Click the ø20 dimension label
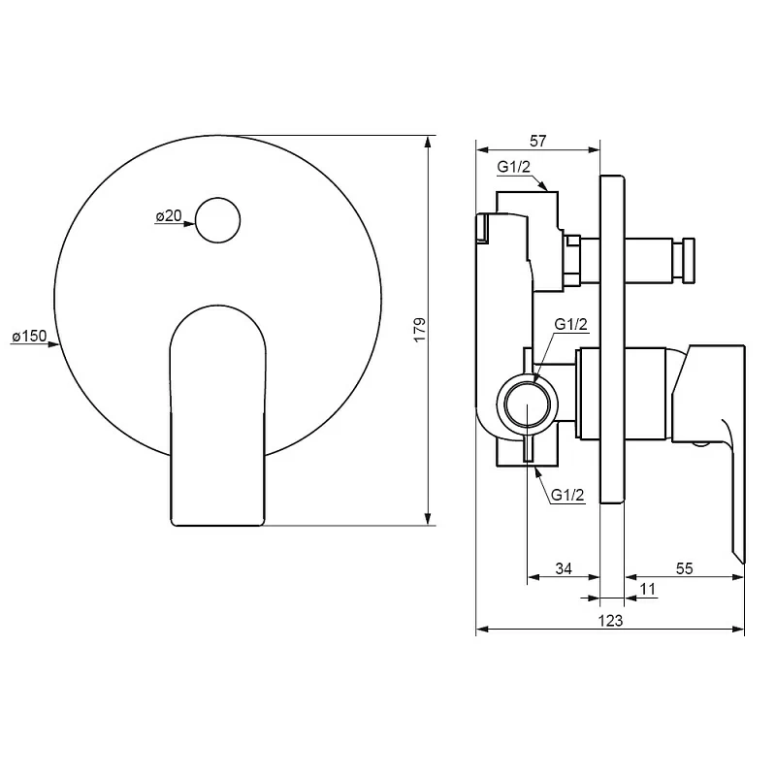pyautogui.click(x=169, y=215)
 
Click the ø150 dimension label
pyautogui.click(x=29, y=336)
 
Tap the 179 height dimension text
pyautogui.click(x=420, y=330)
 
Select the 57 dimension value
pyautogui.click(x=537, y=141)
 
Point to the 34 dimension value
pyautogui.click(x=564, y=568)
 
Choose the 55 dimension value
pyautogui.click(x=684, y=568)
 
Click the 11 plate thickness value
pyautogui.click(x=647, y=589)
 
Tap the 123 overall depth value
pyautogui.click(x=610, y=621)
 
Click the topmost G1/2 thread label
pyautogui.click(x=514, y=167)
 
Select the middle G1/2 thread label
pyautogui.click(x=570, y=324)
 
